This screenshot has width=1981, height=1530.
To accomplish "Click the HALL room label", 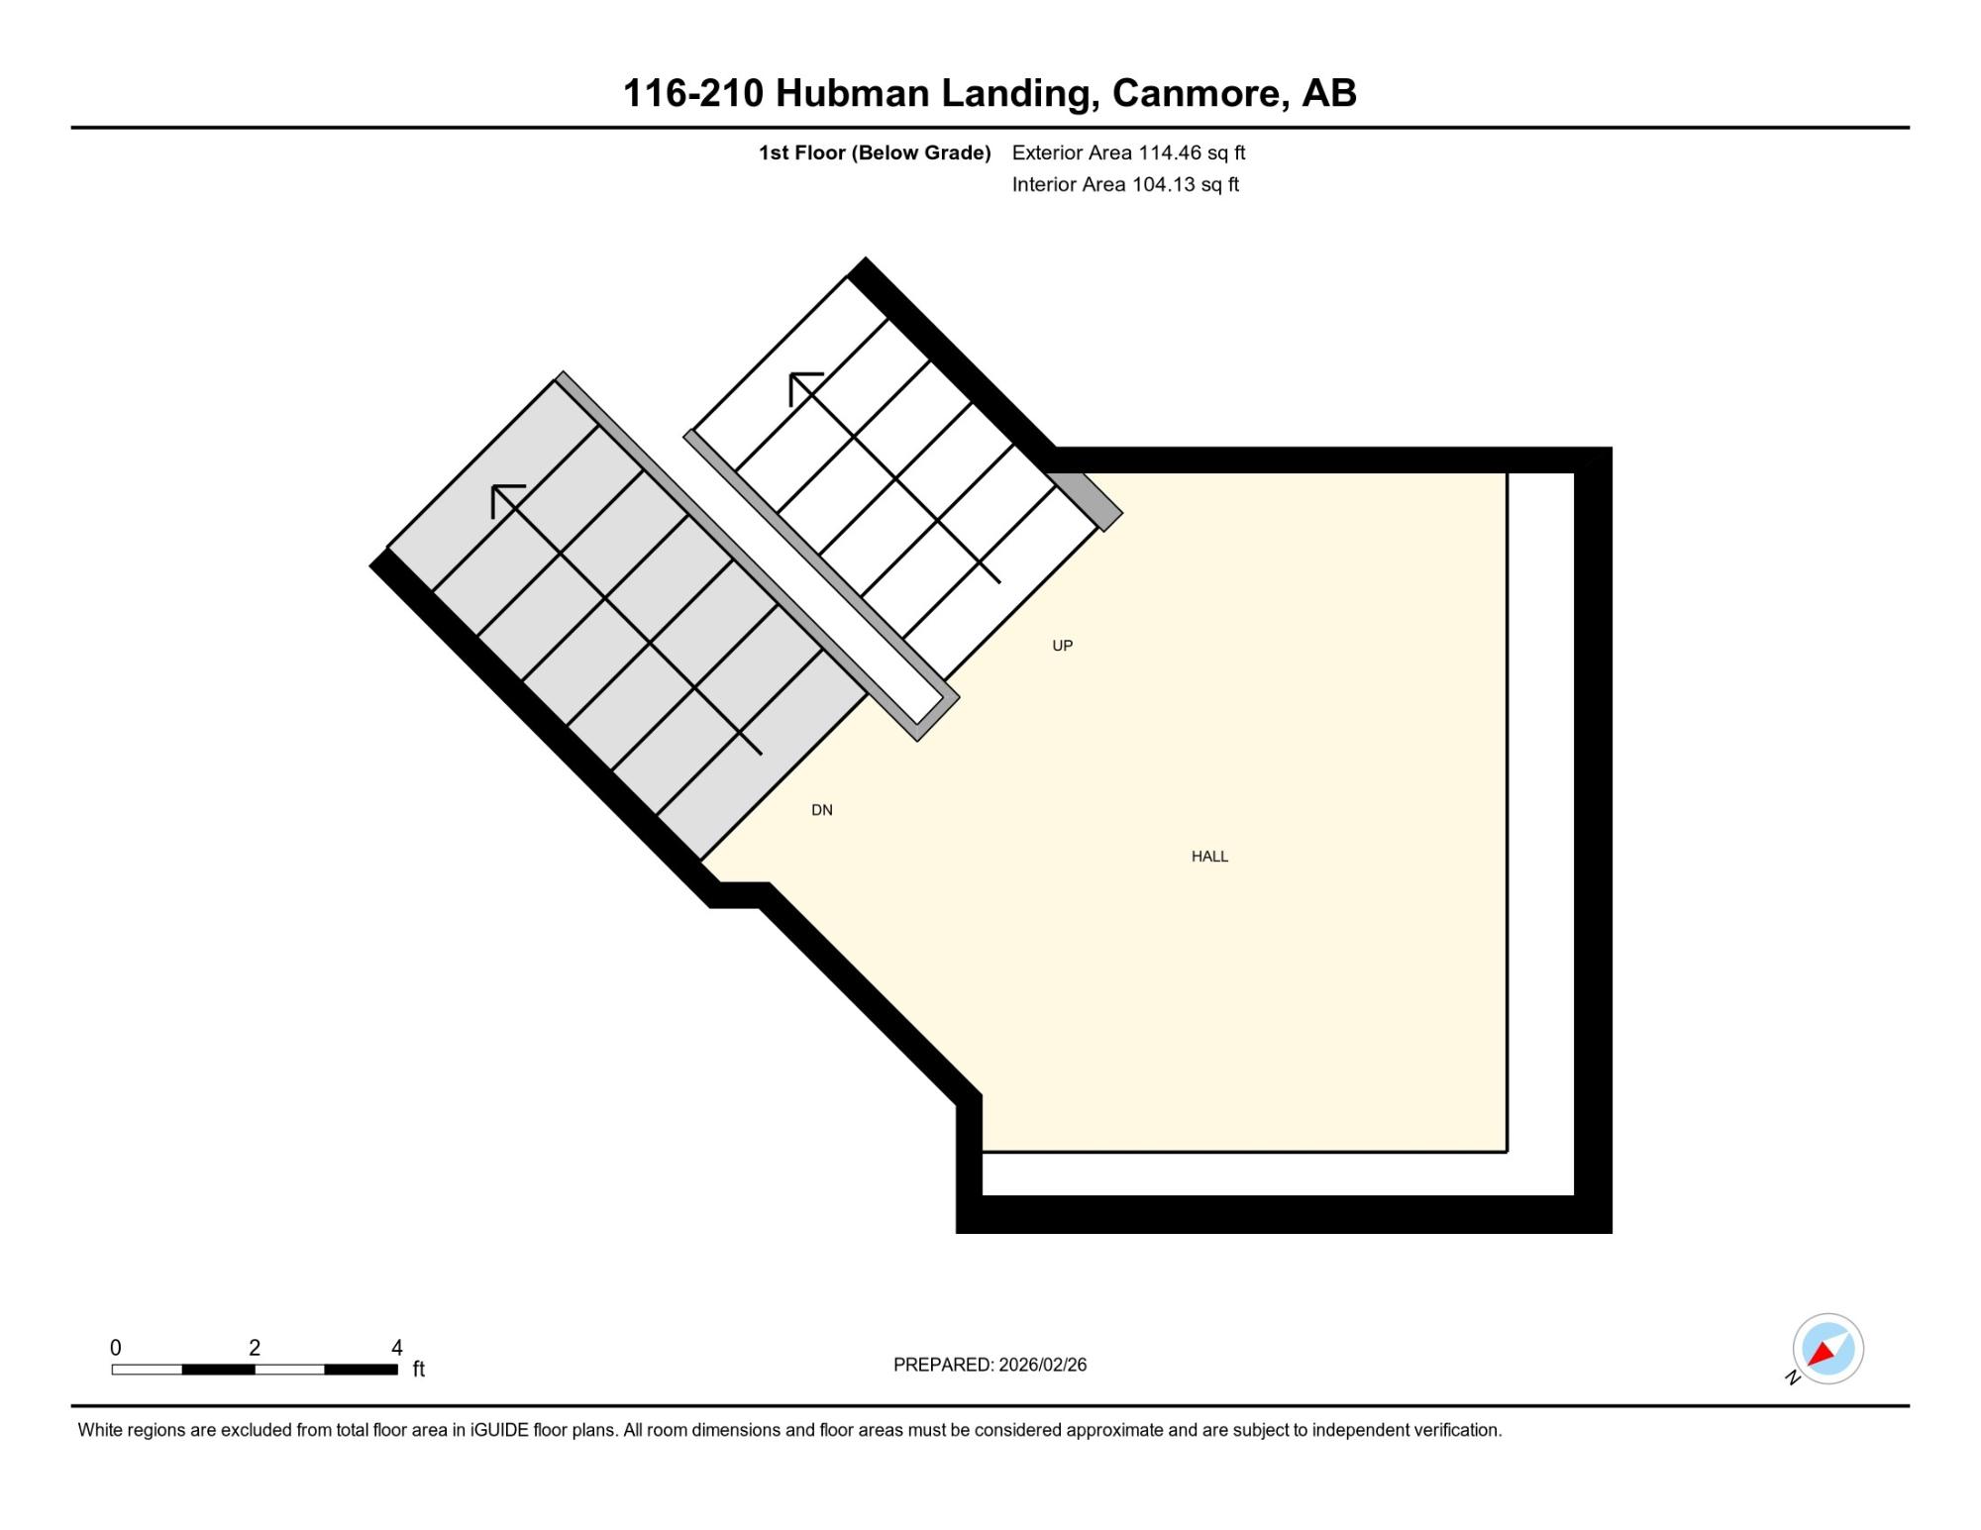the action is pos(1209,857).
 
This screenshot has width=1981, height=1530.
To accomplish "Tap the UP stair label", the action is pos(1062,646).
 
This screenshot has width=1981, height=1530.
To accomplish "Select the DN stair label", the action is pos(822,810).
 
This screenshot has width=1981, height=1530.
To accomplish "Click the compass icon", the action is pos(1827,1349).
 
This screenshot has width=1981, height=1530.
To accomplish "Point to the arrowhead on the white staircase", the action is pos(802,386).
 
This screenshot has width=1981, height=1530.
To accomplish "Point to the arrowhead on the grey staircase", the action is pos(505,498).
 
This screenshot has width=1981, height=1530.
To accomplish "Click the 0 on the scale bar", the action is pos(116,1348).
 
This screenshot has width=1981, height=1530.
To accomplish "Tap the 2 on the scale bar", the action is pos(255,1348).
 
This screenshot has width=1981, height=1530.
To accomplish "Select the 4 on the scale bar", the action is pos(396,1348).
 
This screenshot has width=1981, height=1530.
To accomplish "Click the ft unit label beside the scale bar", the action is pos(419,1369).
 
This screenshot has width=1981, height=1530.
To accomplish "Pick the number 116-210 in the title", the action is pos(693,94).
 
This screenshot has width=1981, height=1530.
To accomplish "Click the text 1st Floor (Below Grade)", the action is pos(875,153).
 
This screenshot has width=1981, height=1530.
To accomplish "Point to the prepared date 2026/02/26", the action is pos(1043,1365).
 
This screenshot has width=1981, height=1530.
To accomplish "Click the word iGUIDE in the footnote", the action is pos(500,1430).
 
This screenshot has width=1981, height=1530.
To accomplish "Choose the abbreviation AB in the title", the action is pos(1329,94).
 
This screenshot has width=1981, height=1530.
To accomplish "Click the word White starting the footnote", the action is pos(99,1430).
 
